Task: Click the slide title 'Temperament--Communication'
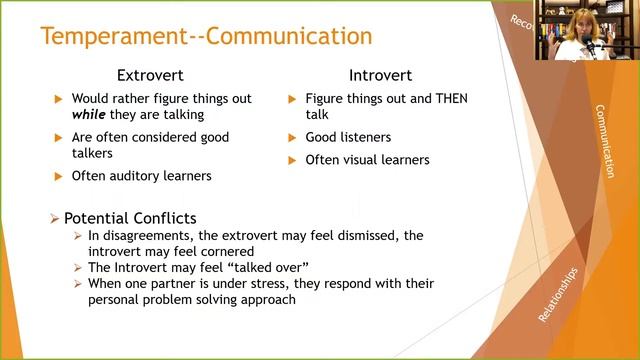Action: pyautogui.click(x=205, y=37)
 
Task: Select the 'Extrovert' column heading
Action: pyautogui.click(x=152, y=75)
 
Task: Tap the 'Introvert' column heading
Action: pyautogui.click(x=381, y=75)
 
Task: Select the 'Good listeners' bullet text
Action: pyautogui.click(x=348, y=137)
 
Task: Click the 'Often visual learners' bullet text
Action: pyautogui.click(x=367, y=160)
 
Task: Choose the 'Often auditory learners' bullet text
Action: pyautogui.click(x=141, y=176)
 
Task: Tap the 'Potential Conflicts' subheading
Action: pyautogui.click(x=129, y=218)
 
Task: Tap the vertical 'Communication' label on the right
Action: pyautogui.click(x=603, y=141)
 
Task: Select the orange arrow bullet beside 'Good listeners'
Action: pyautogui.click(x=292, y=138)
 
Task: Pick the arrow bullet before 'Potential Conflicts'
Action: pyautogui.click(x=55, y=218)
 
